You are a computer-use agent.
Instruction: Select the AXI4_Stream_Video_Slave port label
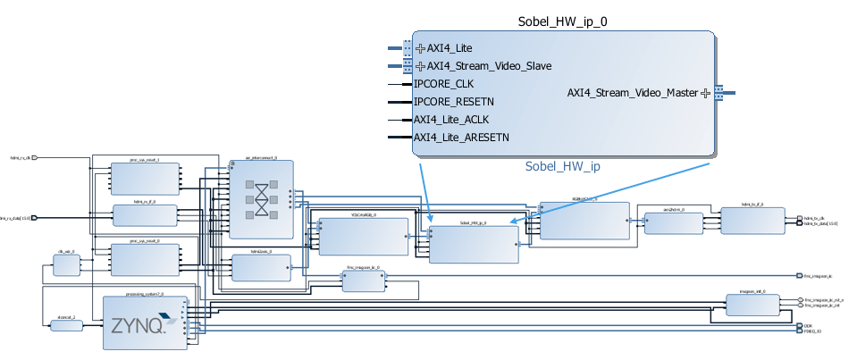[x=489, y=66]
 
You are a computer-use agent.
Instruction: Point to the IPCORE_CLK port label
[x=443, y=84]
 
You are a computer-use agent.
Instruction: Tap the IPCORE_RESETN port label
[x=454, y=102]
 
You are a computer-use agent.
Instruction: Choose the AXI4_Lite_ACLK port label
[x=451, y=120]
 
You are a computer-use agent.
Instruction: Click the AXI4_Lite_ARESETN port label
[x=461, y=138]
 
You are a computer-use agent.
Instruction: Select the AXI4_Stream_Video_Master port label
[x=633, y=92]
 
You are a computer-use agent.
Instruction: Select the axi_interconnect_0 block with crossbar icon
[x=261, y=198]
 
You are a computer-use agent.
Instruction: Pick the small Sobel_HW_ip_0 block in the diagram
[x=474, y=244]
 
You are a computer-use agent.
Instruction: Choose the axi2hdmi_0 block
[x=673, y=222]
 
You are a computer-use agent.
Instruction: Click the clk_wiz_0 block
[x=66, y=265]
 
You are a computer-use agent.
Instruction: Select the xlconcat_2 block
[x=65, y=326]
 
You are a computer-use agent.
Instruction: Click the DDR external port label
[x=808, y=325]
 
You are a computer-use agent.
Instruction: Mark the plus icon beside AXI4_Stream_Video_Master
[x=705, y=92]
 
